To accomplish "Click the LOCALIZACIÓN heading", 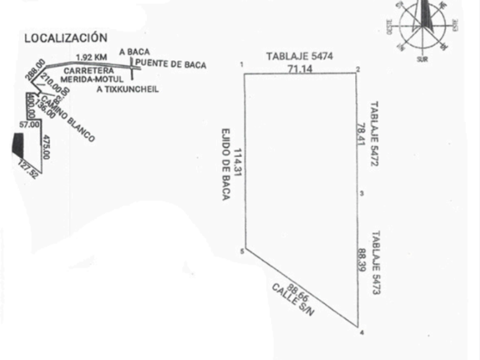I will tap(65, 38).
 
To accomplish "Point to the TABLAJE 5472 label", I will tap(375, 134).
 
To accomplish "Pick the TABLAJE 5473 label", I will tap(376, 263).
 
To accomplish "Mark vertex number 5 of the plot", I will tap(242, 251).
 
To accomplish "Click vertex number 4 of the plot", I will tap(361, 333).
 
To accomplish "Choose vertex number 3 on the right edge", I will tap(362, 194).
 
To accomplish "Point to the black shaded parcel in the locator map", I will tap(18, 145).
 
